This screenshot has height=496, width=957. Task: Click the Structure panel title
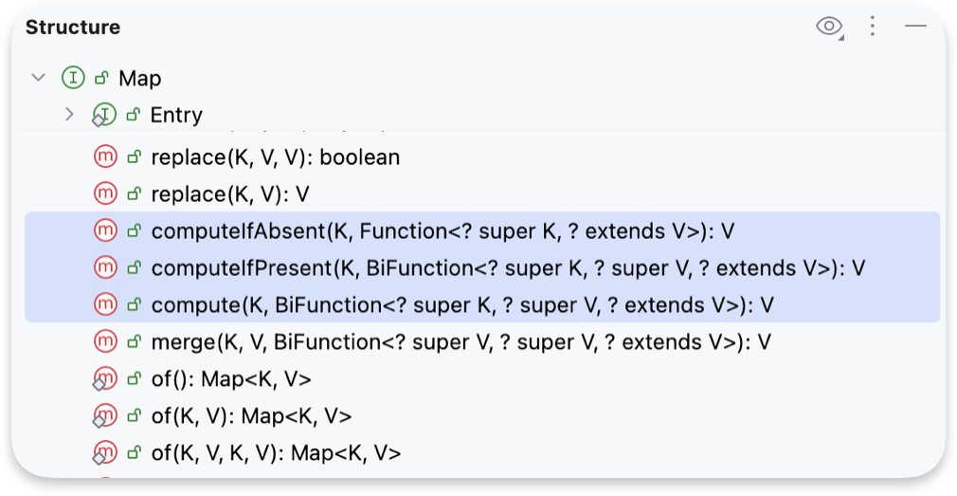tap(73, 28)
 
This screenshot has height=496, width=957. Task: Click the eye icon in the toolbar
tap(829, 27)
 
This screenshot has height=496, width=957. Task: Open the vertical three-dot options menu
tap(873, 27)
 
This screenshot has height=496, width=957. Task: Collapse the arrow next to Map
tap(38, 78)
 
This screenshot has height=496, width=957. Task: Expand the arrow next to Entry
tap(68, 115)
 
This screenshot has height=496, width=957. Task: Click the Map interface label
tap(140, 79)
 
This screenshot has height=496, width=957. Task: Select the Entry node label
tap(176, 115)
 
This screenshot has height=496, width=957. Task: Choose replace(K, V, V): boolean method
tap(275, 157)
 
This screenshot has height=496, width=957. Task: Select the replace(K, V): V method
tap(230, 194)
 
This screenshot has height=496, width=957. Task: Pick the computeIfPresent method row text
tap(508, 267)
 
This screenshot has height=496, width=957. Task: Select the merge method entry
tap(460, 341)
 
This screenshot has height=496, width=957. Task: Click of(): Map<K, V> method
tap(231, 379)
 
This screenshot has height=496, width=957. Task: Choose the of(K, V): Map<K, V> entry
tap(251, 416)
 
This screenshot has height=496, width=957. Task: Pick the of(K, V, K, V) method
tap(276, 453)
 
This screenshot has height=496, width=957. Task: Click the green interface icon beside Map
tap(73, 78)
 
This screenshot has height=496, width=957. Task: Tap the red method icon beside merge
tap(105, 341)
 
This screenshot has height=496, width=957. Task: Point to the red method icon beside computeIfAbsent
tap(105, 230)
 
